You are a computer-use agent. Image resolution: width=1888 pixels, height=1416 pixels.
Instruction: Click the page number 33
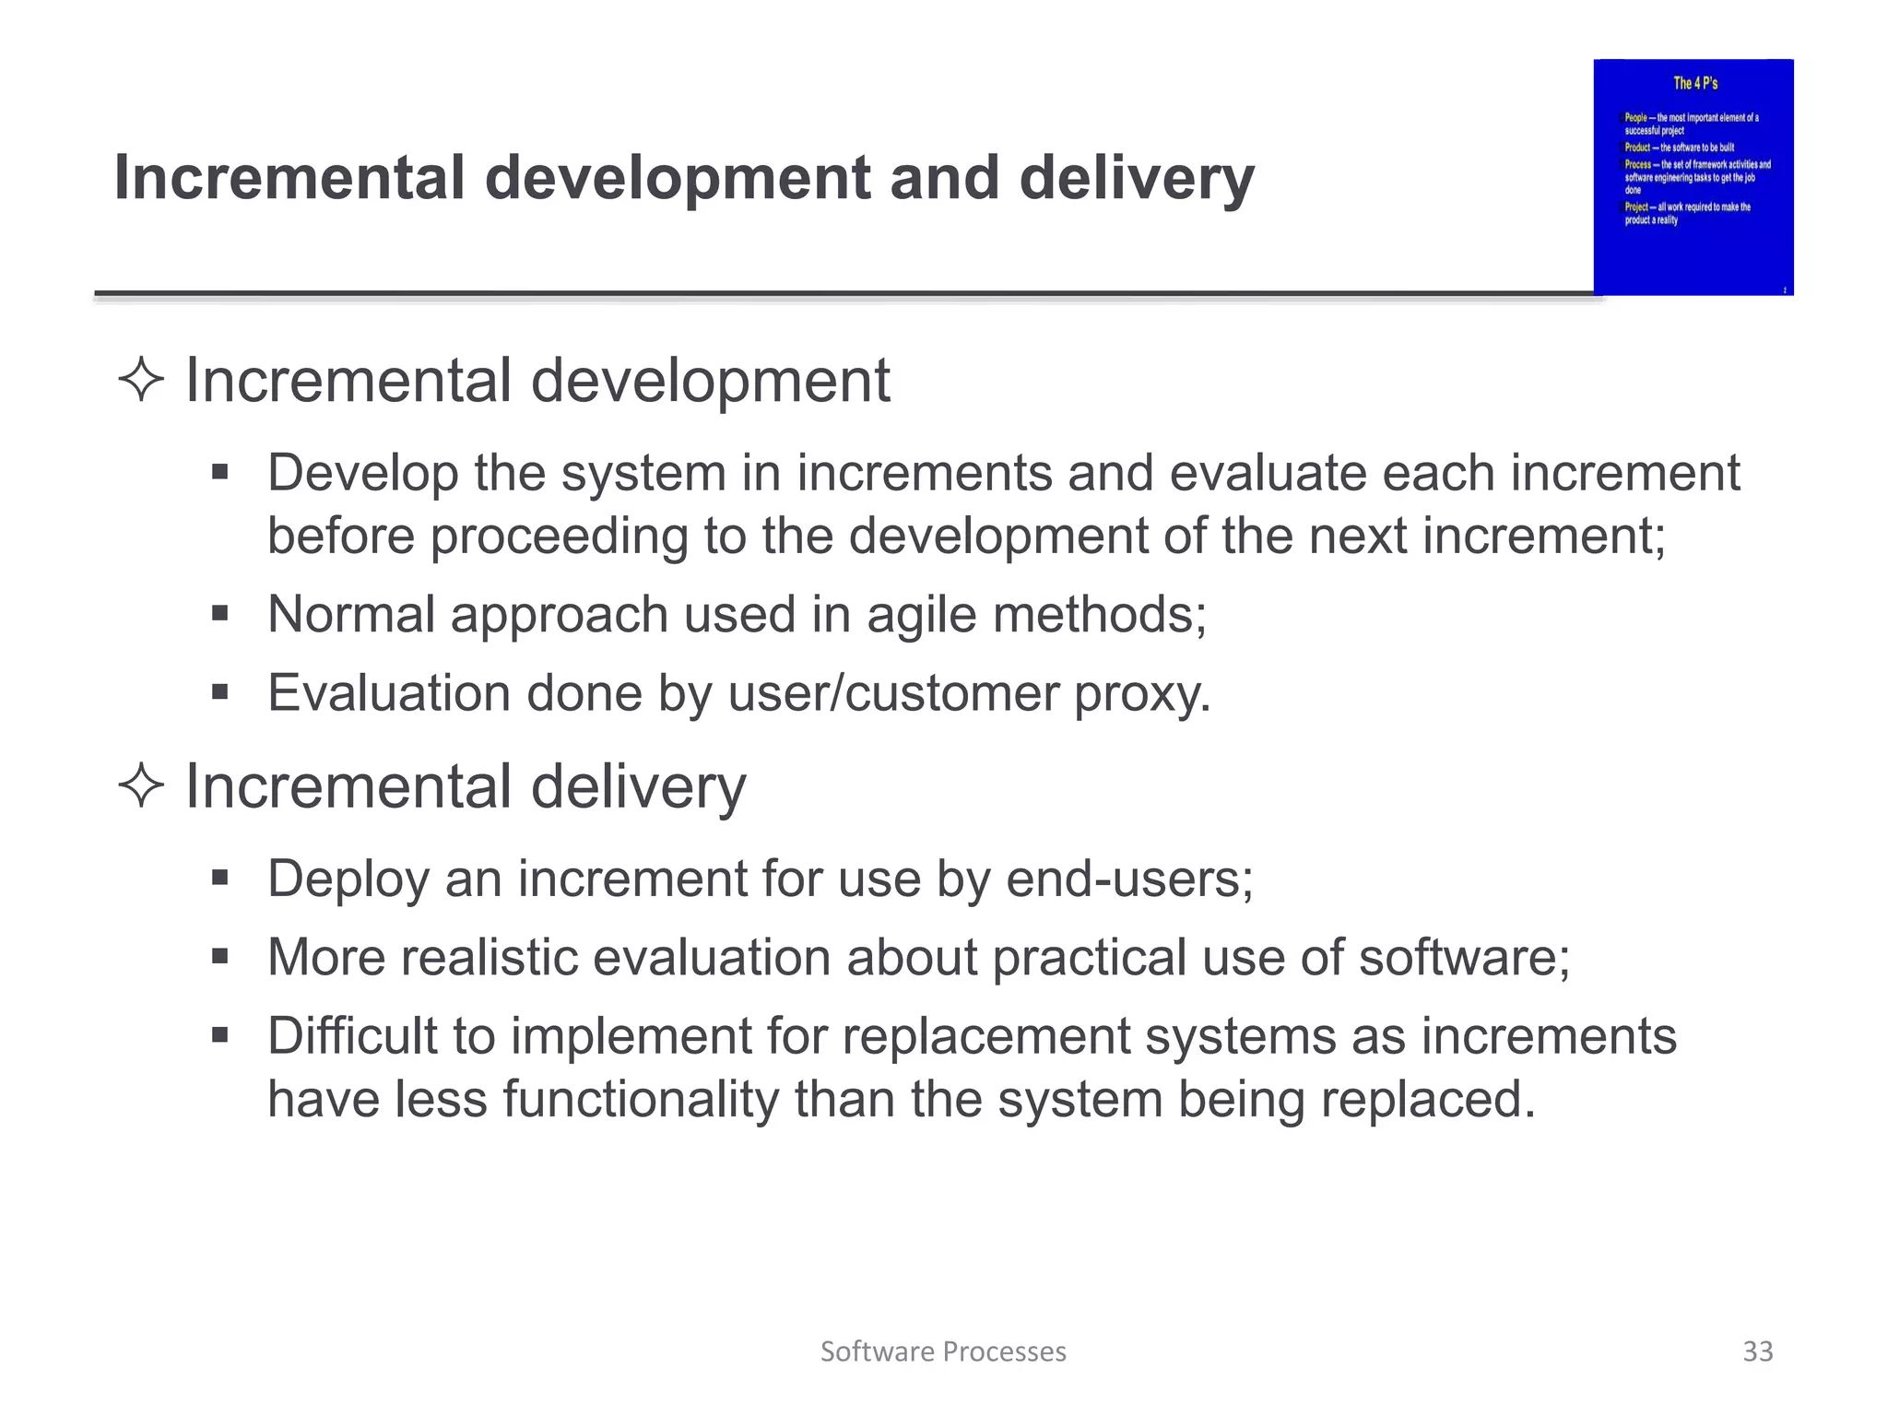coord(1757,1351)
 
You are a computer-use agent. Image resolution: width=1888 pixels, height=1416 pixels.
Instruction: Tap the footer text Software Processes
coord(942,1351)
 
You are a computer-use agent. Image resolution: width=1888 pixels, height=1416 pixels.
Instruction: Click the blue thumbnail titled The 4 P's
coord(1693,177)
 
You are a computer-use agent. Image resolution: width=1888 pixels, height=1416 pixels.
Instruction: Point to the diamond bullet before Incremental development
coord(141,381)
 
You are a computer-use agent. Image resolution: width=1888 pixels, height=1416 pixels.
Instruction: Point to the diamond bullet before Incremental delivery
coord(141,786)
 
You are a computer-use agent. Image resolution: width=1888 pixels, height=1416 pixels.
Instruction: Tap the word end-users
coord(1128,879)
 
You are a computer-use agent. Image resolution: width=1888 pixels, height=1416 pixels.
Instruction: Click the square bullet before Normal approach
coord(219,614)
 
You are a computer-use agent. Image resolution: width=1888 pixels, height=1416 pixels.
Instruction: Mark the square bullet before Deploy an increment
coord(219,878)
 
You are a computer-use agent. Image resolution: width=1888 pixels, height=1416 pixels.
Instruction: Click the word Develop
coord(362,473)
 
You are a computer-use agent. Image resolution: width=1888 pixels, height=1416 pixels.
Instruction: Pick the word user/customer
coord(893,693)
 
